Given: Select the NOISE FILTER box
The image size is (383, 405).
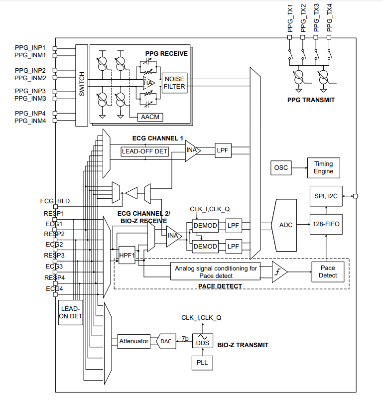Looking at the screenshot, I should (x=174, y=83).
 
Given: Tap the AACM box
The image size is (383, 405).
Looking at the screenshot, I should (x=150, y=117).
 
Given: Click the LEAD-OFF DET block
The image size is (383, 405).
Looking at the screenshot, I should (x=145, y=151).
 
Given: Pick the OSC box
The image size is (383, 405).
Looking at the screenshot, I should (x=281, y=168).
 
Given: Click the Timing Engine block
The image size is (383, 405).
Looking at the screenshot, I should (x=323, y=168).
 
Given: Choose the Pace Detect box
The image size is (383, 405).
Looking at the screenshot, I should (x=328, y=271).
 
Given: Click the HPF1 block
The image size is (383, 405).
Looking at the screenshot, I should (x=127, y=255).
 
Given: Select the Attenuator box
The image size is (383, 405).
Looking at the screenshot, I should (x=133, y=341).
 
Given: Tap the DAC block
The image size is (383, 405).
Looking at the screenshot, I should (x=166, y=341).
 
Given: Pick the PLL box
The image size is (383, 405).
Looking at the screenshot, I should (x=202, y=363).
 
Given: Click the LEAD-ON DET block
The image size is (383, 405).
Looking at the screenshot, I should (x=70, y=312).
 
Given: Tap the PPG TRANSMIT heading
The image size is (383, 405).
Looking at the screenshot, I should (x=311, y=100).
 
